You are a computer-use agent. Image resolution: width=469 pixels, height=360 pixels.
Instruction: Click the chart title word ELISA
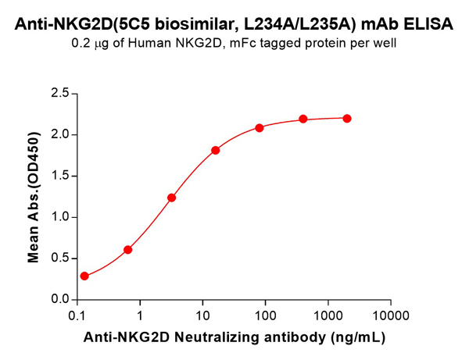click(x=430, y=24)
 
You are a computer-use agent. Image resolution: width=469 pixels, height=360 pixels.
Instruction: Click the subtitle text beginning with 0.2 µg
click(x=234, y=45)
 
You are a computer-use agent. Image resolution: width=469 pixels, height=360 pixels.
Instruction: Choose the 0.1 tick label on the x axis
click(x=77, y=316)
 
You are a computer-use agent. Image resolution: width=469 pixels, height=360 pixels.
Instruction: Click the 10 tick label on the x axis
click(x=202, y=316)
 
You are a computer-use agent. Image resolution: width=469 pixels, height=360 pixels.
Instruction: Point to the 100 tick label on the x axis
click(x=265, y=316)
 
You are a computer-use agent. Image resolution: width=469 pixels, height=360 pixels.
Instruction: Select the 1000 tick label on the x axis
click(x=328, y=316)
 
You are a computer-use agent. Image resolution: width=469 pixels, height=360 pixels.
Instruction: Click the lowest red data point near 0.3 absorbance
click(x=84, y=276)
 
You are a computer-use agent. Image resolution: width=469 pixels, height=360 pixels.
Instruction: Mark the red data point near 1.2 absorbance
click(x=171, y=198)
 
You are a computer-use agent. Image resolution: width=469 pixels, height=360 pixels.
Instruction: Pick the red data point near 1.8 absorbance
click(x=216, y=150)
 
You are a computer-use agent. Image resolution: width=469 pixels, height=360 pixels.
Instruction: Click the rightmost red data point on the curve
click(x=347, y=119)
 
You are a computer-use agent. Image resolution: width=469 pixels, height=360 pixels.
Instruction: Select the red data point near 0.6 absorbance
click(x=128, y=250)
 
